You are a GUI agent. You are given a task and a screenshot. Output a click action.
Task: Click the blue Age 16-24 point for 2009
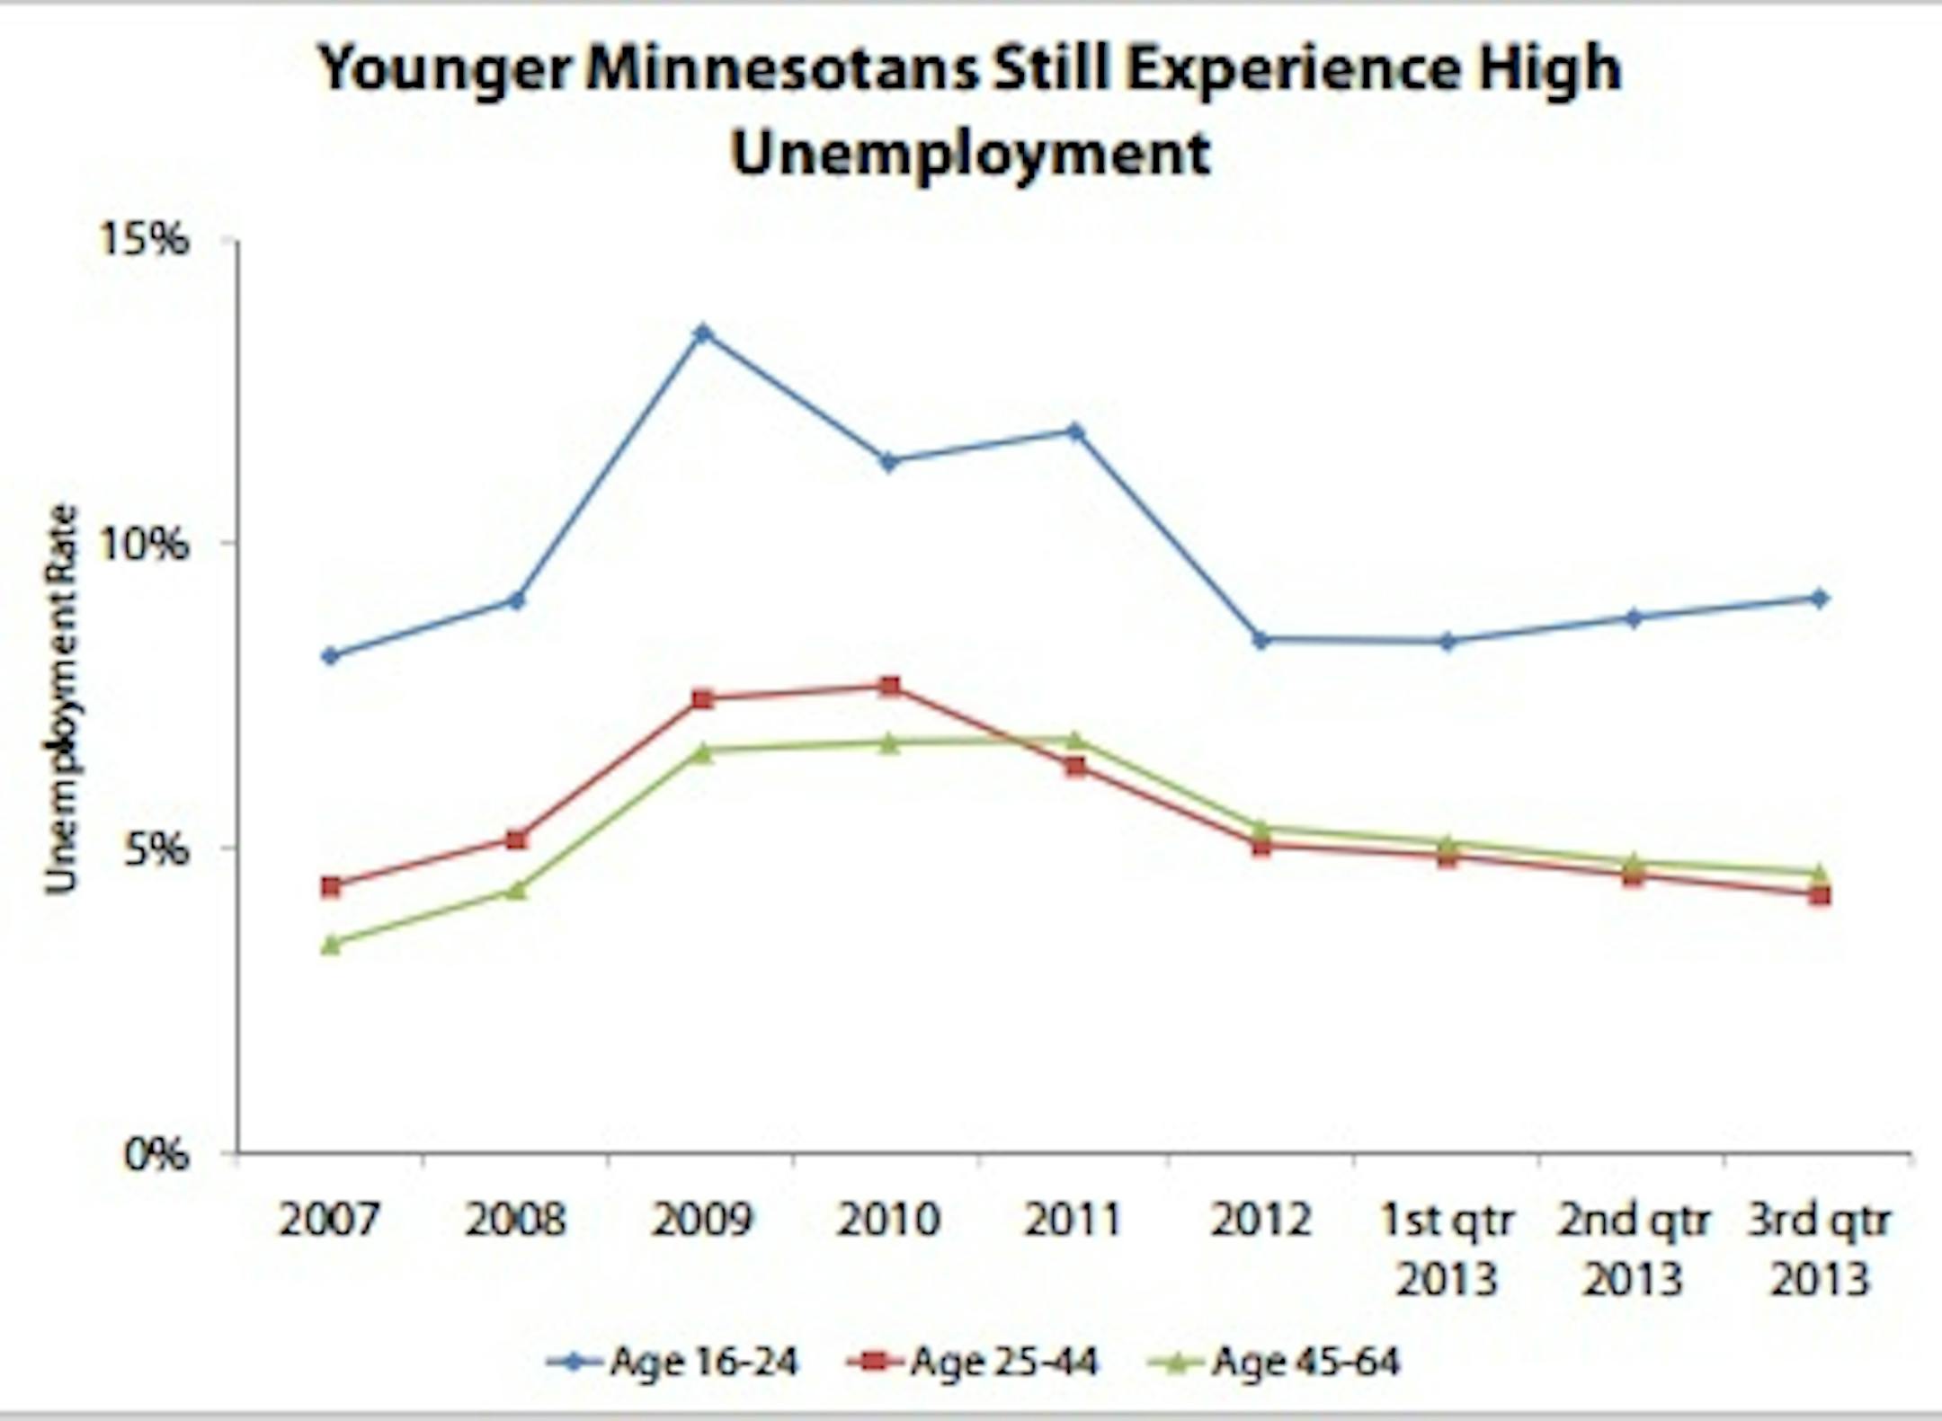tap(703, 333)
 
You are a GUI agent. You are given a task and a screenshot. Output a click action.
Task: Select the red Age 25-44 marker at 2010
tap(889, 687)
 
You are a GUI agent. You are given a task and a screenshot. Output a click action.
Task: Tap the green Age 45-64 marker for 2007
tap(331, 944)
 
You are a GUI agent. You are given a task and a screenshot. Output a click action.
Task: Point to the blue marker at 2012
tap(1261, 640)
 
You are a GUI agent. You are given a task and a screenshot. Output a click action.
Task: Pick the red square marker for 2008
tap(516, 840)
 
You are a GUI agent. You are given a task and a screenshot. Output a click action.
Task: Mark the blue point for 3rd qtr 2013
tap(1818, 599)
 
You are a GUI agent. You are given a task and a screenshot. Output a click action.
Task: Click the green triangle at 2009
tap(703, 752)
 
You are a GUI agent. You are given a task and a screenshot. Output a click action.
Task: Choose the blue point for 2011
tap(1075, 431)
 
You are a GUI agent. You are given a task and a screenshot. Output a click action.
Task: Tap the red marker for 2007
tap(331, 886)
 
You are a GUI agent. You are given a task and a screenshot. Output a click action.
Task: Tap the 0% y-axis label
tap(156, 1154)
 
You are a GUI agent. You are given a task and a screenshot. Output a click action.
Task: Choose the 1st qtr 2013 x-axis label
tap(1447, 1249)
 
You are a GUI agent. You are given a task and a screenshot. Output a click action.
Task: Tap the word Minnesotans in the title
tap(781, 70)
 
